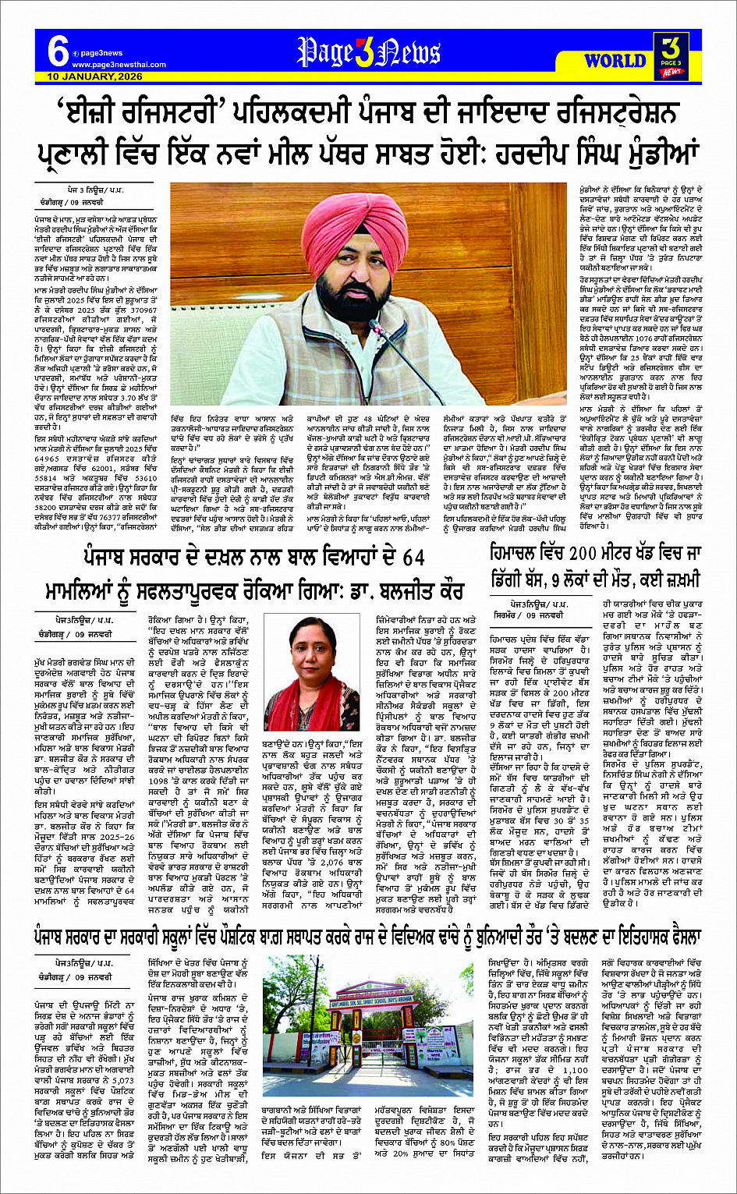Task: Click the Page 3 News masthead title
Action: click(368, 53)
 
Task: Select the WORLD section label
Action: click(615, 60)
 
